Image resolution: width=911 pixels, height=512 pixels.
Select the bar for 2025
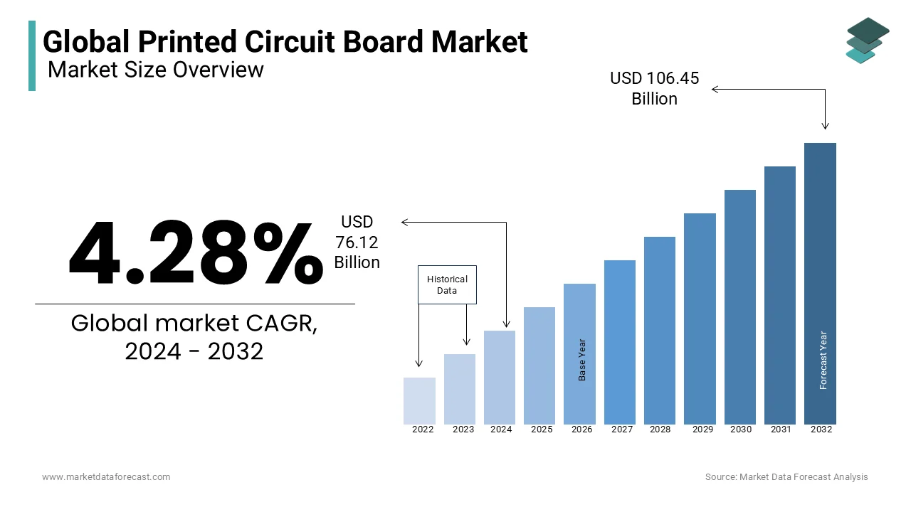[539, 366]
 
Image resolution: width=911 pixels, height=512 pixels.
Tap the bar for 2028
[660, 330]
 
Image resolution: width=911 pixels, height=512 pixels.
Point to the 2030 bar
[740, 306]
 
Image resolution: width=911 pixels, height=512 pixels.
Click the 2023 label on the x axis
[463, 430]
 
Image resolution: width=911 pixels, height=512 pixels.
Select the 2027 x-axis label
[622, 430]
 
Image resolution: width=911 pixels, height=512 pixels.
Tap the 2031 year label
[781, 430]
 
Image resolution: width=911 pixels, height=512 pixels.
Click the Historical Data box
[447, 284]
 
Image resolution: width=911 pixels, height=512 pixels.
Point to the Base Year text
[582, 360]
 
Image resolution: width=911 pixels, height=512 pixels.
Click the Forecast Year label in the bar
[823, 361]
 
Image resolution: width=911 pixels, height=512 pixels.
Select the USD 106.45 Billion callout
[654, 88]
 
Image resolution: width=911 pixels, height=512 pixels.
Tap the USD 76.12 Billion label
[357, 242]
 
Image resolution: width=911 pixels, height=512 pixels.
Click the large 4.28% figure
[195, 253]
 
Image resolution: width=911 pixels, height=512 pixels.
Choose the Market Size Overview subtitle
[156, 70]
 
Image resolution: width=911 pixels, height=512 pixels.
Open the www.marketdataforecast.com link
[106, 477]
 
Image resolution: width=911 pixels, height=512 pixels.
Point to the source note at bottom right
[786, 477]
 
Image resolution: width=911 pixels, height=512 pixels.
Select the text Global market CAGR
[194, 324]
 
